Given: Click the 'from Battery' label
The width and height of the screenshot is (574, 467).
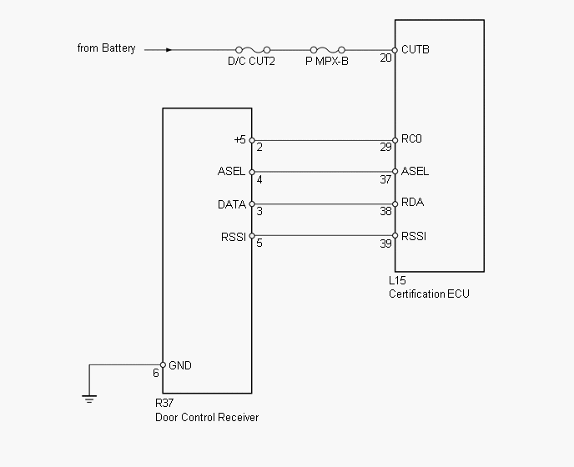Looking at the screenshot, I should [106, 48].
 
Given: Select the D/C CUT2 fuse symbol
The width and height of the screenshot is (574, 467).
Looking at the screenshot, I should [251, 50].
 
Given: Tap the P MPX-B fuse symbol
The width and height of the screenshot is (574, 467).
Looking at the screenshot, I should [326, 50].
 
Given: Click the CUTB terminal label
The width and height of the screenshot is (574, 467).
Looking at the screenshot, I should [415, 49].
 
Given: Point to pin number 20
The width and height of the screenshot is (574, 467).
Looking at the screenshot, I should [385, 58].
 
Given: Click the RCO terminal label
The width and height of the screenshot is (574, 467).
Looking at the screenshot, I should [412, 139].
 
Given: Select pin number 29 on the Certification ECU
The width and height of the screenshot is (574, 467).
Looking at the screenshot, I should [385, 148].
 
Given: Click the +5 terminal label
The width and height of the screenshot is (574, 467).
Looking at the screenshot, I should [239, 139].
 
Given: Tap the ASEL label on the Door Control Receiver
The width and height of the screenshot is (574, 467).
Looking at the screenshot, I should [231, 172].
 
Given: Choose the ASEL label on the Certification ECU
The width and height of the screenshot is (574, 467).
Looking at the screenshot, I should [415, 172].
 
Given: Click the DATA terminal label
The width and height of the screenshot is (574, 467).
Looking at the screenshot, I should [231, 204].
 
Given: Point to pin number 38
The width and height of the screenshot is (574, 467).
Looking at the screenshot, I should [385, 212].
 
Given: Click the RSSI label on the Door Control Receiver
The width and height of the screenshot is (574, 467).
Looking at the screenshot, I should [233, 237].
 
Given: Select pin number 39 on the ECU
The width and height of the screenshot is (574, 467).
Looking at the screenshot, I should [385, 244].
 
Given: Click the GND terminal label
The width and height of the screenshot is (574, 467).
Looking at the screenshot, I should [180, 365].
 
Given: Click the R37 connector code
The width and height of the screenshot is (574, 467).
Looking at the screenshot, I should [164, 404].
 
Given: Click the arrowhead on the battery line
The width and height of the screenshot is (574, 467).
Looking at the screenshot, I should [169, 50].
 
